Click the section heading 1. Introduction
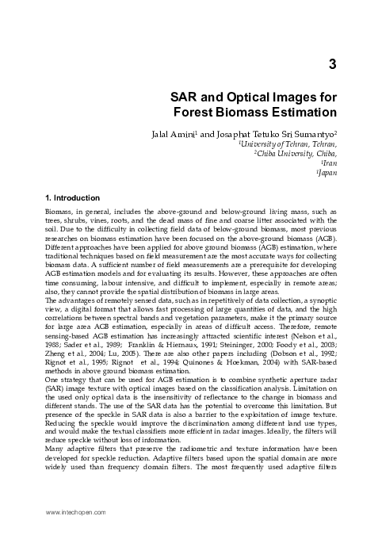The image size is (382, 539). point(72,197)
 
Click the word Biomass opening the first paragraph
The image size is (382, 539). point(59,212)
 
